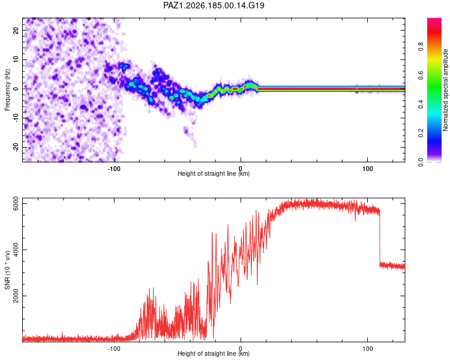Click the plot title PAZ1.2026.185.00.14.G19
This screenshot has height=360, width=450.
click(214, 5)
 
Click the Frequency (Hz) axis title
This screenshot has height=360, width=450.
click(7, 90)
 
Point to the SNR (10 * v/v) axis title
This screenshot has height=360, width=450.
click(7, 270)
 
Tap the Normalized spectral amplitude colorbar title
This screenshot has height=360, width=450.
click(445, 90)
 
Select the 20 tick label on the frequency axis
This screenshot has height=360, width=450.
click(16, 31)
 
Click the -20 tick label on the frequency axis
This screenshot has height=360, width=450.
click(16, 147)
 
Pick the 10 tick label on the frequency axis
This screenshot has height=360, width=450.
click(16, 59)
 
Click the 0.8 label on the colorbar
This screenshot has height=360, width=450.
click(421, 47)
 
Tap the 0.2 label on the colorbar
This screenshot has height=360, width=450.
click(421, 133)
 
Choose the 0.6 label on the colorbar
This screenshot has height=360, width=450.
click(421, 76)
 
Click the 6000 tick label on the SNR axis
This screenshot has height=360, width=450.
click(16, 204)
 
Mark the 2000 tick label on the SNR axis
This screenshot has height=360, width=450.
click(16, 296)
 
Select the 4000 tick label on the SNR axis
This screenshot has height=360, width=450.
click(16, 250)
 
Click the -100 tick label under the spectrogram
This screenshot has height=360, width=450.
click(114, 169)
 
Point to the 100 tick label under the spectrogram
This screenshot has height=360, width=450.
click(368, 169)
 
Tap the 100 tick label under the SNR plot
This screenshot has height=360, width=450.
click(368, 349)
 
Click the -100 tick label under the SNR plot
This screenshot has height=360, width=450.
click(114, 349)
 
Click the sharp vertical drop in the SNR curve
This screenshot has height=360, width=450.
click(380, 238)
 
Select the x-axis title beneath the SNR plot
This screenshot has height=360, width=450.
click(214, 353)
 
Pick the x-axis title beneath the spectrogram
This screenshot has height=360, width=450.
click(214, 173)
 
